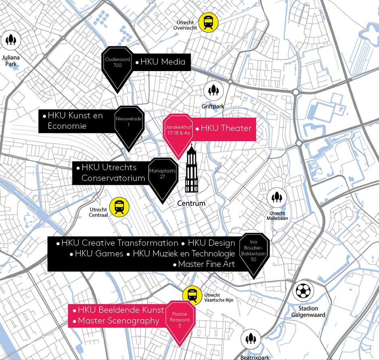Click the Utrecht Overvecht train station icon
[209, 22]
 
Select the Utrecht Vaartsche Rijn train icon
[192, 295]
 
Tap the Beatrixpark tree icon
[250, 339]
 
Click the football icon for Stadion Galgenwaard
[303, 291]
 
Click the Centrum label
[191, 203]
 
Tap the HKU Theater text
[226, 129]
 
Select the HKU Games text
[99, 254]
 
